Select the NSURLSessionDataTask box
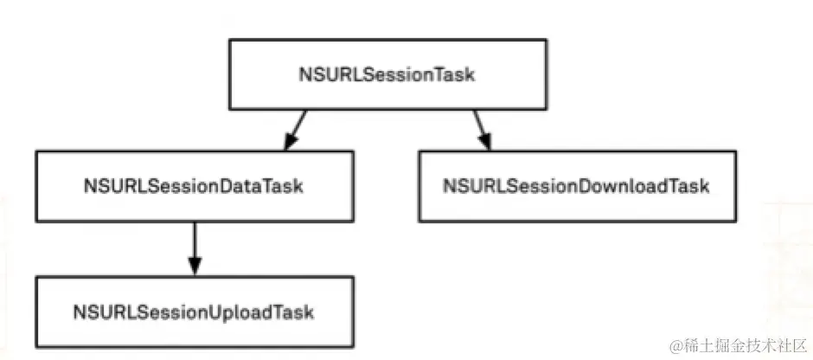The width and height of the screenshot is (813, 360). [x=194, y=186]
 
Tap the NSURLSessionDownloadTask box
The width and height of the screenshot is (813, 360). [x=577, y=186]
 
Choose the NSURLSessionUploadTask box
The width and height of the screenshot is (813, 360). [x=194, y=311]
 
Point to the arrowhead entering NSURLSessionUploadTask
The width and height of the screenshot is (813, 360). [x=194, y=267]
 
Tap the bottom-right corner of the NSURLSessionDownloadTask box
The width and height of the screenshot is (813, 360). [x=736, y=221]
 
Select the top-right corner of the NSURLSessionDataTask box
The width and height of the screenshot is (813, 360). [x=353, y=151]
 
